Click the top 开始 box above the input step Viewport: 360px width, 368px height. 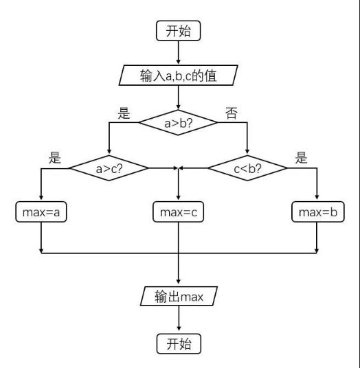[x=178, y=31]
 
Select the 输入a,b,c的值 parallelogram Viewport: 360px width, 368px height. [x=178, y=76]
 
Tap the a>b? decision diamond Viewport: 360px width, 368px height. [x=178, y=122]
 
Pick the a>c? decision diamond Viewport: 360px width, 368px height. [x=109, y=168]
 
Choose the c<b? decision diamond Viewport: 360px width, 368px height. [x=247, y=168]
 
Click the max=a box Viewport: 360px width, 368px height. [x=41, y=211]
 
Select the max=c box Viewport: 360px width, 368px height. [x=178, y=211]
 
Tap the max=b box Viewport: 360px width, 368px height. [x=318, y=211]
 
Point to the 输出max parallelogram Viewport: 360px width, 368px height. [x=179, y=296]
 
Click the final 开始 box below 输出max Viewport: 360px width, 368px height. [x=179, y=344]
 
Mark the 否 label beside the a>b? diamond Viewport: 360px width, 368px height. [x=232, y=113]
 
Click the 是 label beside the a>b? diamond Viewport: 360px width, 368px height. [x=124, y=113]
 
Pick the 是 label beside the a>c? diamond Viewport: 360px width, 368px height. [x=55, y=157]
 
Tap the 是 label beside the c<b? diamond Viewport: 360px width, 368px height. [x=302, y=157]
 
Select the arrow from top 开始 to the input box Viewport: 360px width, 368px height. [x=178, y=52]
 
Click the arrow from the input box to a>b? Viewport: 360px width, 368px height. [x=178, y=97]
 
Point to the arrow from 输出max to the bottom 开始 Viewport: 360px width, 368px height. [x=179, y=319]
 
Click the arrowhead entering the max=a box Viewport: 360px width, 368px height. [x=41, y=197]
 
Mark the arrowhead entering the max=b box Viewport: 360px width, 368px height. [x=317, y=197]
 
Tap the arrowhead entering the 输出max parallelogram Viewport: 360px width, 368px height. [x=178, y=281]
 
